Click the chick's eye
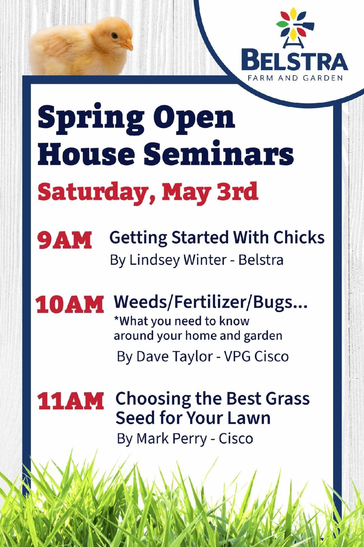coord(114,36)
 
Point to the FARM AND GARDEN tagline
coord(295,78)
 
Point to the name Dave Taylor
coord(174,356)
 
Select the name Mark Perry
coord(172,439)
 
